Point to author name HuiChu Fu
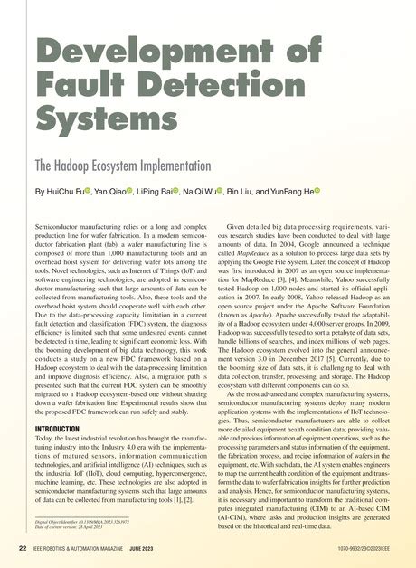tap(71, 193)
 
